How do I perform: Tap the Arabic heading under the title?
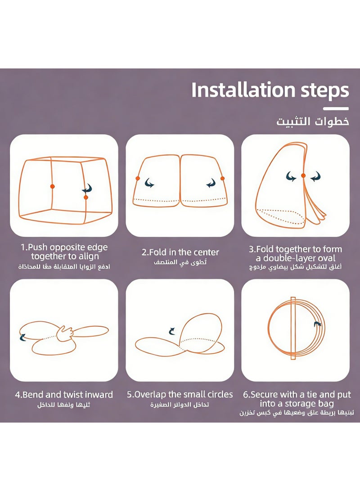(312, 122)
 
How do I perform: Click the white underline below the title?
(336, 108)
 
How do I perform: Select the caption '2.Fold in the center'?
(180, 252)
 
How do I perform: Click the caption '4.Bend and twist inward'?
(64, 395)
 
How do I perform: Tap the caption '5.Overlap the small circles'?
(180, 395)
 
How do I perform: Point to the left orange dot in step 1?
(52, 186)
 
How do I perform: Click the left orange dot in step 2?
(138, 178)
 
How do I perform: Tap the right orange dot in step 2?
(223, 179)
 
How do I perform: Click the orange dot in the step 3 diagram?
(303, 176)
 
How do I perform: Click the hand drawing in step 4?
(65, 333)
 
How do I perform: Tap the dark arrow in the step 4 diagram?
(22, 337)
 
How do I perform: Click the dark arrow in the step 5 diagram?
(172, 331)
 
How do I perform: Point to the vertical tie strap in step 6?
(293, 328)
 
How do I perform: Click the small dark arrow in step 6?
(317, 324)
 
